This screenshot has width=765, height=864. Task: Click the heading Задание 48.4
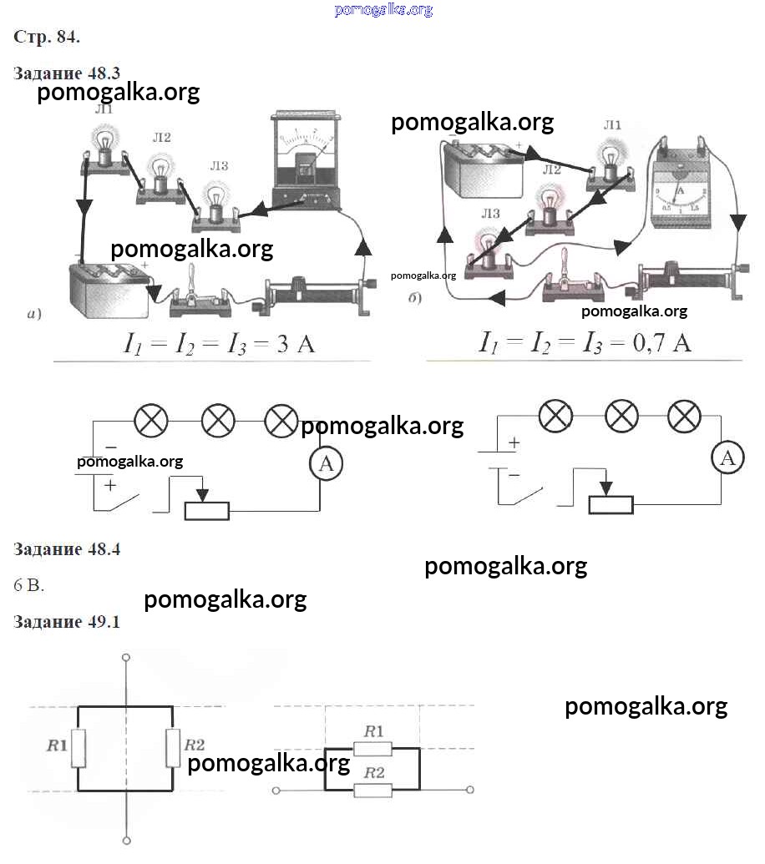(x=68, y=549)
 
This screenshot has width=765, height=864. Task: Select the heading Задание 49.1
(x=68, y=622)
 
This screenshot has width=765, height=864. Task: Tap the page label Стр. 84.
(x=47, y=37)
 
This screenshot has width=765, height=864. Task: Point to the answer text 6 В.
(x=29, y=585)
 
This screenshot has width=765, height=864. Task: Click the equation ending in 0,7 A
(x=585, y=342)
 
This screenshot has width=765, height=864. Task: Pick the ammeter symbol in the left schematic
(x=326, y=465)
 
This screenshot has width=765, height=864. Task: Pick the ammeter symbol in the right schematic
(x=728, y=457)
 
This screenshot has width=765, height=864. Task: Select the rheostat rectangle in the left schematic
(x=206, y=511)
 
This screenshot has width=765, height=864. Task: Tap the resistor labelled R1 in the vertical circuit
(x=78, y=747)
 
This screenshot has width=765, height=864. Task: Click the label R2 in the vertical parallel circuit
(x=195, y=745)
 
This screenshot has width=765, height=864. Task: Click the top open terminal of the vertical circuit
(x=126, y=657)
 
